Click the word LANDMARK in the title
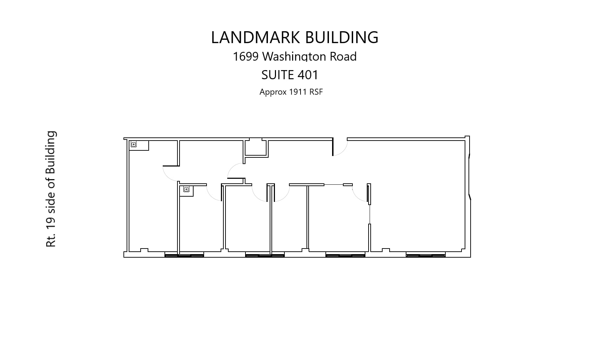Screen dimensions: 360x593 (255, 38)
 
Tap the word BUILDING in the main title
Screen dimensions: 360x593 (342, 38)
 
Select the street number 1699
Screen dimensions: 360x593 (245, 56)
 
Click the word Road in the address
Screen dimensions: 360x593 (343, 56)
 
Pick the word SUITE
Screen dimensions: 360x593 (277, 75)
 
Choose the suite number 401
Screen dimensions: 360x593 (308, 75)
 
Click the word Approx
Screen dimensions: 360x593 (272, 92)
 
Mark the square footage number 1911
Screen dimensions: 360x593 (298, 92)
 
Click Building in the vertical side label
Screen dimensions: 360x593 (51, 152)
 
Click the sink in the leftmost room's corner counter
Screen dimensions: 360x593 (134, 144)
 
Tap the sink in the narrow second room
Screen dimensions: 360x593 (186, 189)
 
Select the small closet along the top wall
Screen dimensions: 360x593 (256, 148)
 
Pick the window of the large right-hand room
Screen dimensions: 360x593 (425, 255)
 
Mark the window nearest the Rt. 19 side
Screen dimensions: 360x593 (184, 255)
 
